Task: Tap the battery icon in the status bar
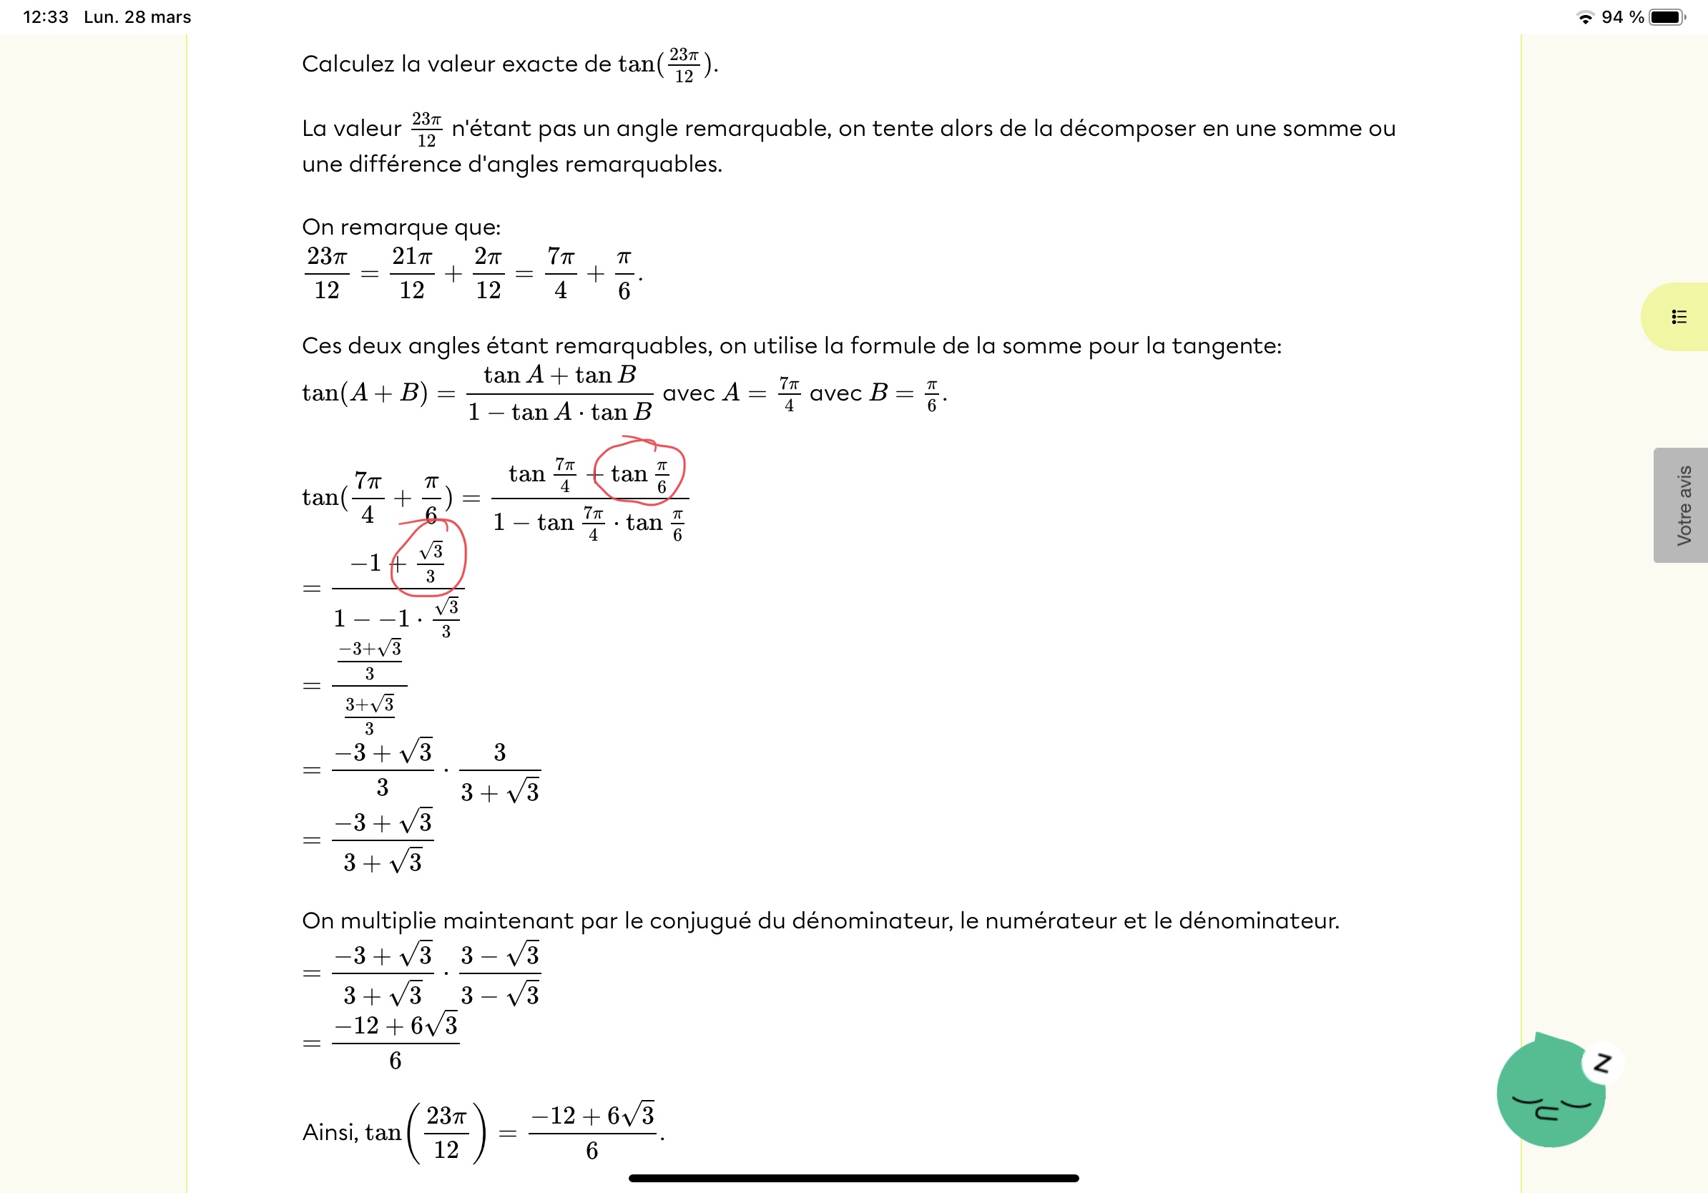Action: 1667,17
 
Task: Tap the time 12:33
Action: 45,17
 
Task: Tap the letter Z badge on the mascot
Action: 1601,1063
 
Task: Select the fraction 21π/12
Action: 411,273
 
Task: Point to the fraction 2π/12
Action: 488,273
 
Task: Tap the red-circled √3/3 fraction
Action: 431,562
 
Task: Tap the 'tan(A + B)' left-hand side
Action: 365,393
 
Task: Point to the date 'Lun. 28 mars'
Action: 137,17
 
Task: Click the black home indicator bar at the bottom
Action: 853,1178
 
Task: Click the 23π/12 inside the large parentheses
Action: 446,1132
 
